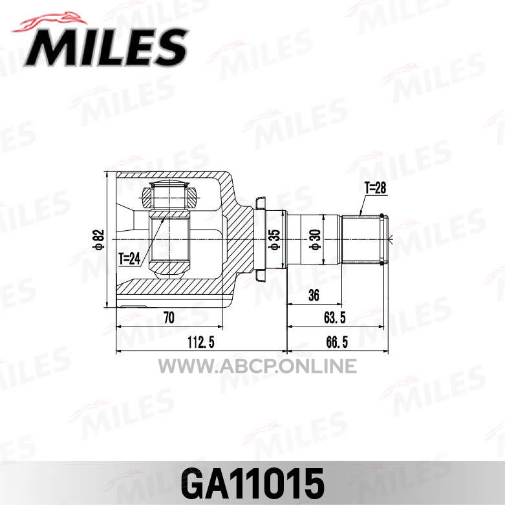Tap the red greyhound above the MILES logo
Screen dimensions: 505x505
pos(49,23)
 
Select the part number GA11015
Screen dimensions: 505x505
pos(252,484)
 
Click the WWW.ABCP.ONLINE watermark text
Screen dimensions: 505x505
pos(257,367)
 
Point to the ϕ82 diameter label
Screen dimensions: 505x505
pos(100,240)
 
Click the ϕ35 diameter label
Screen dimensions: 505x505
pos(275,240)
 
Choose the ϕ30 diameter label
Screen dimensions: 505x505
pos(315,240)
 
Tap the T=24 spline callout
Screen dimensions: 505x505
pos(129,259)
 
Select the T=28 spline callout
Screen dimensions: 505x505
pos(375,188)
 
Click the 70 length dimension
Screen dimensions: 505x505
pos(169,318)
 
